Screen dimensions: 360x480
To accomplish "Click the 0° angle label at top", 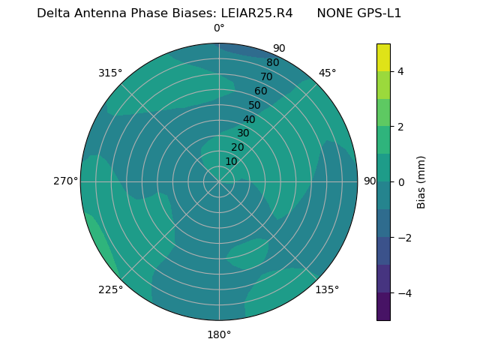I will coord(219,28).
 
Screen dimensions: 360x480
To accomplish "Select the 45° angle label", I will coord(328,73).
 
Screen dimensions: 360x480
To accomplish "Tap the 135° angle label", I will coord(327,289).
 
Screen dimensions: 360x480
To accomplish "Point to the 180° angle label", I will coord(219,334).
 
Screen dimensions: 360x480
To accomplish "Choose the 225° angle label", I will coord(110,290).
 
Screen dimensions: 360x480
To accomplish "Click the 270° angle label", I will coord(66,181).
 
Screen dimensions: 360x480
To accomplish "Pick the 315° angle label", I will coord(110,73).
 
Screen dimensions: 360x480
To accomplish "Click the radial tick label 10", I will coord(231,161).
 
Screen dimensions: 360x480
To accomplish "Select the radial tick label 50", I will coord(254,106).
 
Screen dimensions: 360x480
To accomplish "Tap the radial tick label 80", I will coord(272,63).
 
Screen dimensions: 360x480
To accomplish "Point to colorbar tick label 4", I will coord(401,71).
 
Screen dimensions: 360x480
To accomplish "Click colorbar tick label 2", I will coord(401,127).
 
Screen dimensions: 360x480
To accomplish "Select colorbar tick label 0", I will coord(401,182).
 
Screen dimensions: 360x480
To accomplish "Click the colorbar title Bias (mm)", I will coord(421,182).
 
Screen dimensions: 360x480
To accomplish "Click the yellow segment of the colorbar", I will coord(383,58).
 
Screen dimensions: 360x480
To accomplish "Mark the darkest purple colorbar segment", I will coord(383,307).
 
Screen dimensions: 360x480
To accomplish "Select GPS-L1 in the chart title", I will coord(376,13).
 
